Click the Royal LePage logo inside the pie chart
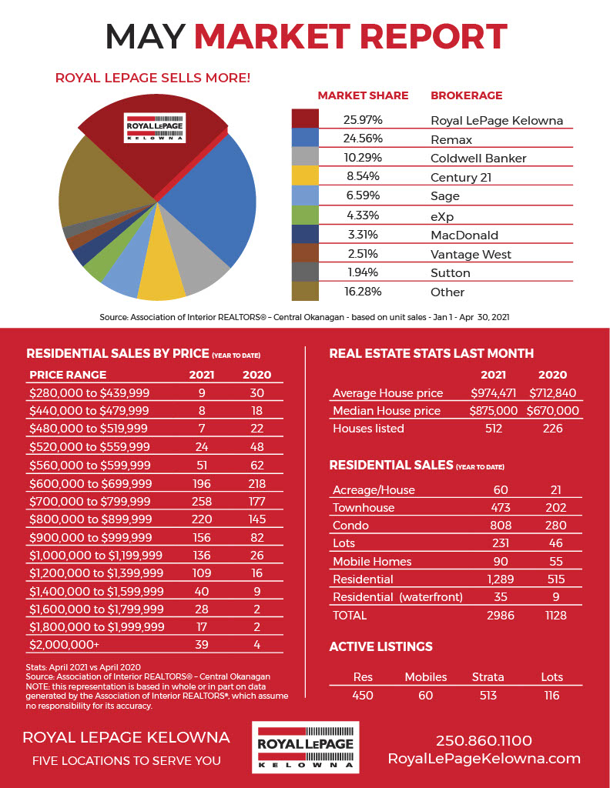[x=155, y=128]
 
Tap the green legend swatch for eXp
[x=305, y=215]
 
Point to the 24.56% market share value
[x=363, y=139]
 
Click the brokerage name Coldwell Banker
[x=478, y=159]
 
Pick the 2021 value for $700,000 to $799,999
[x=202, y=502]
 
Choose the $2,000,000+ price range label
[x=65, y=644]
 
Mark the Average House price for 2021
[x=494, y=393]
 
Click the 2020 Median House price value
[x=553, y=411]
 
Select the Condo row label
[x=350, y=525]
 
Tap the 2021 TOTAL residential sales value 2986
[x=501, y=615]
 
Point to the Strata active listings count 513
[x=488, y=696]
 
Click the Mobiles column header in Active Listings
[x=425, y=677]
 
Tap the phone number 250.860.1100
[x=484, y=740]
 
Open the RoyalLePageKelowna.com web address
[x=484, y=759]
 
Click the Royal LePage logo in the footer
[x=305, y=747]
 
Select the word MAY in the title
[x=146, y=36]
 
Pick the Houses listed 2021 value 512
[x=494, y=429]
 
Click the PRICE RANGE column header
[x=68, y=375]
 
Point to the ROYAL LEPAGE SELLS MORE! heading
[x=152, y=78]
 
